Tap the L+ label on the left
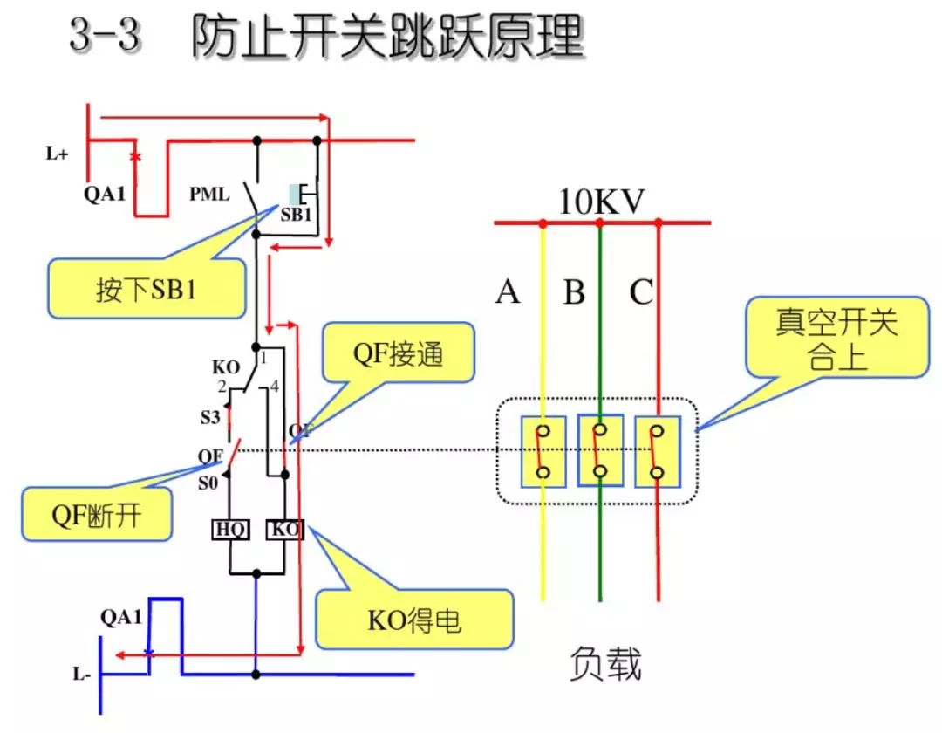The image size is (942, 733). pos(58,154)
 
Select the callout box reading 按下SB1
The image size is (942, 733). pos(147,289)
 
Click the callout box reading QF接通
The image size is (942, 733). pos(398,353)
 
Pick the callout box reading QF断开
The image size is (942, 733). pos(95,517)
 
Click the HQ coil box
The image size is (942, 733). pos(230,529)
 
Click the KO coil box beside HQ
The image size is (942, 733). pos(284,529)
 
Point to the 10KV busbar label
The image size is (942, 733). pos(601,202)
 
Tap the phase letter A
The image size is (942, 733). pos(508,292)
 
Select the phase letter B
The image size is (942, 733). pos(574,292)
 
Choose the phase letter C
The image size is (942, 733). pos(641,292)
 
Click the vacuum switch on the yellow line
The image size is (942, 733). pos(543,452)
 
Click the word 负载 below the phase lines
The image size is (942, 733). pos(605,664)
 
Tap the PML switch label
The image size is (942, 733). pos(210,194)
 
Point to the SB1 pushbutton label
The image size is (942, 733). pos(297,215)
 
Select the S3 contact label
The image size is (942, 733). pos(210,417)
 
